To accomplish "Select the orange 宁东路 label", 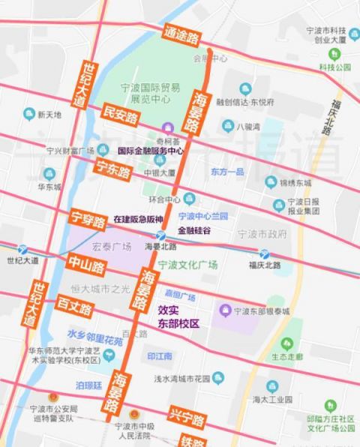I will (112, 169).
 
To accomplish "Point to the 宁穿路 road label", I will (87, 219).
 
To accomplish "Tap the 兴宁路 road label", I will (186, 418).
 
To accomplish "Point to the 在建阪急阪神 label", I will (137, 219).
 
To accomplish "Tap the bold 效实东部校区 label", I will (178, 316).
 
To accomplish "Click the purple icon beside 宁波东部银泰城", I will (223, 310).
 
